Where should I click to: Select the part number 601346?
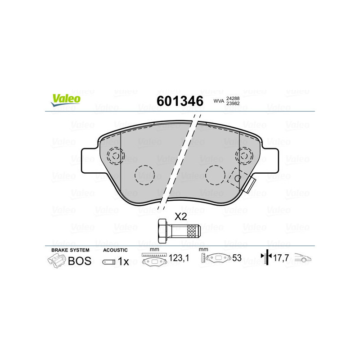click(x=180, y=101)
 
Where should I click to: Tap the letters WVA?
click(x=218, y=101)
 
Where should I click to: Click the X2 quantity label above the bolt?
click(x=180, y=216)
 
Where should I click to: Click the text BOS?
click(x=79, y=261)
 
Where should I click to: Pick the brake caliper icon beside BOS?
click(x=56, y=261)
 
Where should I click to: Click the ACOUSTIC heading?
click(x=115, y=250)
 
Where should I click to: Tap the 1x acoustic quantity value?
click(x=123, y=261)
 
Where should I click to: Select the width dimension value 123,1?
click(x=178, y=258)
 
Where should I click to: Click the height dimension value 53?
click(x=237, y=258)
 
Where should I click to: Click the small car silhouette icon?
click(x=304, y=259)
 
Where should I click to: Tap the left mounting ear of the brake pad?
click(x=89, y=160)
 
